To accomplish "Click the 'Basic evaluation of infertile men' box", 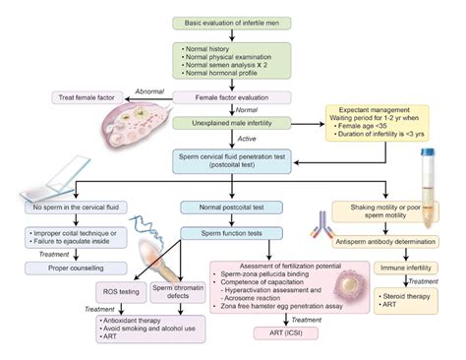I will pyautogui.click(x=233, y=22).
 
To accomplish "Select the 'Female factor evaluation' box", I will pyautogui.click(x=233, y=98).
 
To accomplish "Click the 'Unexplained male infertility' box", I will pyautogui.click(x=233, y=124).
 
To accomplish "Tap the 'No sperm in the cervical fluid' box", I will pyautogui.click(x=75, y=209).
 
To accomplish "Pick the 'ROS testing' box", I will pyautogui.click(x=124, y=292).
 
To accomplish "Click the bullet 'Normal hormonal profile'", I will pyautogui.click(x=225, y=75).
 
